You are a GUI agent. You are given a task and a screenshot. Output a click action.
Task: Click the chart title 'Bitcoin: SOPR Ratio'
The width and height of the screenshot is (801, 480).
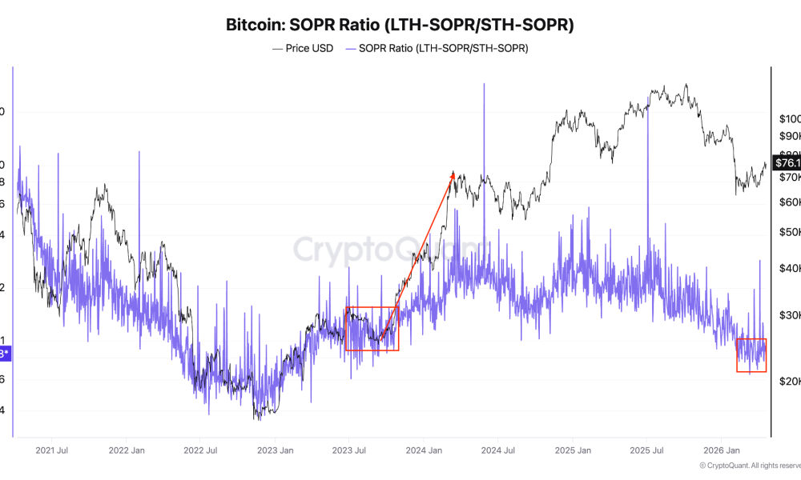click(x=400, y=25)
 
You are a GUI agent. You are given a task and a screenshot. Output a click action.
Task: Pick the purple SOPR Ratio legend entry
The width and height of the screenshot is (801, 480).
click(x=437, y=48)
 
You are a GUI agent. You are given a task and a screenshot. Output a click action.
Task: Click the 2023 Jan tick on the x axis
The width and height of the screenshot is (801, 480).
click(x=275, y=450)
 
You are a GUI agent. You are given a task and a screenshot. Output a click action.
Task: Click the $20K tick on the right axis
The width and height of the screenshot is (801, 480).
click(x=788, y=382)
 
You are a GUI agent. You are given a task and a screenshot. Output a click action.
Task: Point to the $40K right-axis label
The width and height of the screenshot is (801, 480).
click(x=788, y=268)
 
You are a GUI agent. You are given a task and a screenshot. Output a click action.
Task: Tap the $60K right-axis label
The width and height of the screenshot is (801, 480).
click(x=788, y=202)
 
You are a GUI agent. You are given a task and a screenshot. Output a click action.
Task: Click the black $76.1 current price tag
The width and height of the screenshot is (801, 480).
click(x=785, y=163)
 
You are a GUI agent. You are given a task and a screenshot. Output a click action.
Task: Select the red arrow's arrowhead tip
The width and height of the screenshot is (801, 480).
click(x=453, y=172)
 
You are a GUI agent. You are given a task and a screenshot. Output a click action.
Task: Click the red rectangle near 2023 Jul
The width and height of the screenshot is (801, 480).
click(x=371, y=329)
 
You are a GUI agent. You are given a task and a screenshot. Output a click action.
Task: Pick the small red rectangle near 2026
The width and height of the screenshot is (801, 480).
click(x=751, y=355)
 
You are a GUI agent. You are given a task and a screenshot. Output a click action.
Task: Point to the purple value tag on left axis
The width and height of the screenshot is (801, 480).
click(x=5, y=353)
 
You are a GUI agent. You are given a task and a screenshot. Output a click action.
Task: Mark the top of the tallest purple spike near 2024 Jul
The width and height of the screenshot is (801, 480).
click(x=484, y=84)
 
